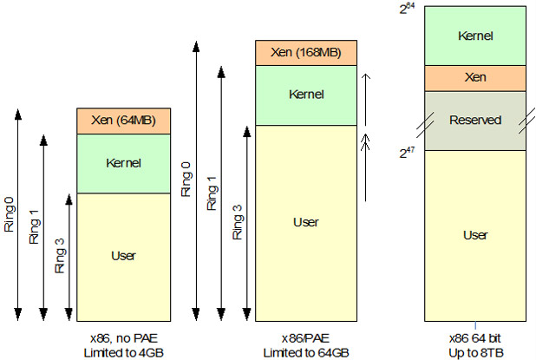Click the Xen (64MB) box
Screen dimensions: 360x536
click(123, 121)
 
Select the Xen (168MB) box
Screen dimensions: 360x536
click(305, 52)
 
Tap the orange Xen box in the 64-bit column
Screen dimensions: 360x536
click(475, 77)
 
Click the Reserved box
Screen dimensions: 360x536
click(475, 120)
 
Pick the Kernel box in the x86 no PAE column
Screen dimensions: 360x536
click(123, 162)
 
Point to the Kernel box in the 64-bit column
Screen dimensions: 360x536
click(475, 36)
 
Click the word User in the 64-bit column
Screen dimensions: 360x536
click(475, 234)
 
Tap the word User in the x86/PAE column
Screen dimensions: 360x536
click(305, 222)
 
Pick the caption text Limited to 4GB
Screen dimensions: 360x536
click(123, 352)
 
